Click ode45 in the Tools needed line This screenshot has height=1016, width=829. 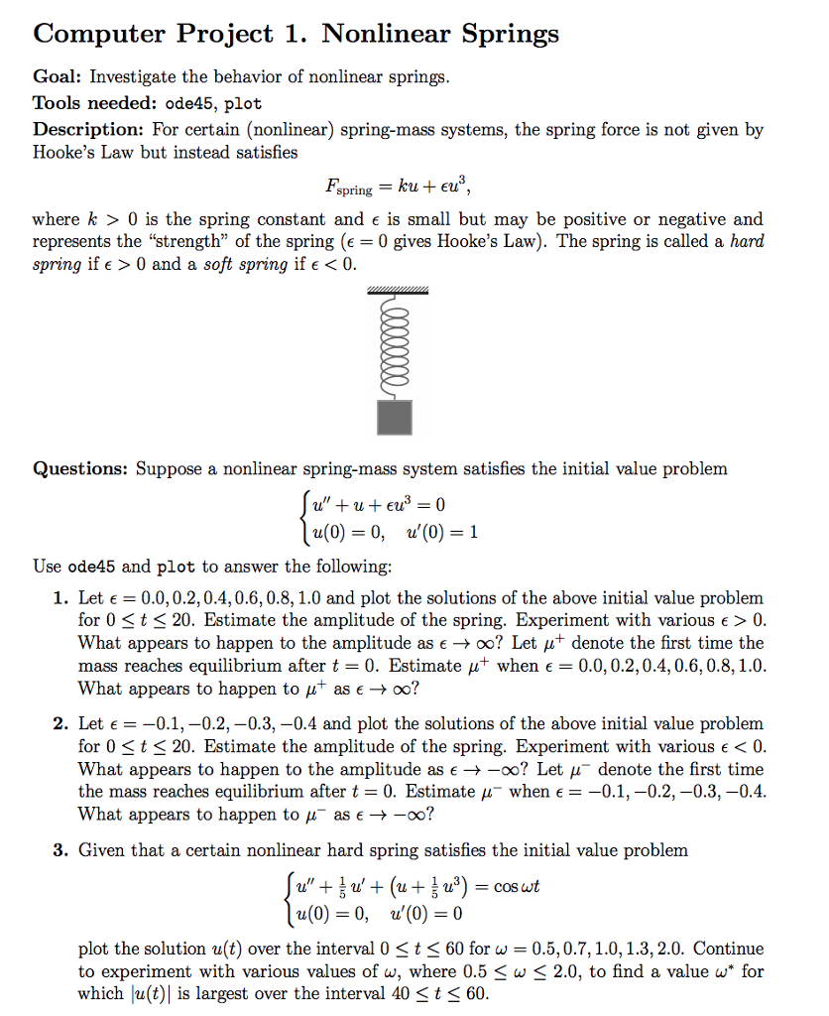click(x=188, y=103)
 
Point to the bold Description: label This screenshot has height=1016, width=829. click(x=88, y=130)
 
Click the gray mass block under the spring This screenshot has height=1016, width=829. click(x=396, y=417)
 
